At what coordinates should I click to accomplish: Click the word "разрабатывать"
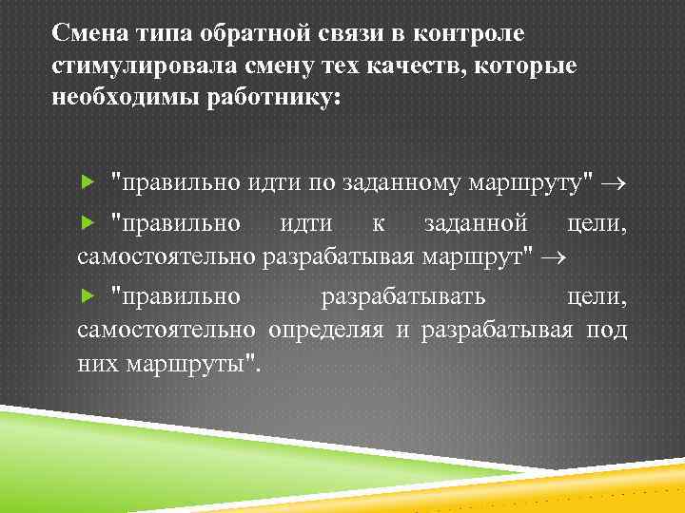(x=403, y=296)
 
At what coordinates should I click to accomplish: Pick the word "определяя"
(x=326, y=330)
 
